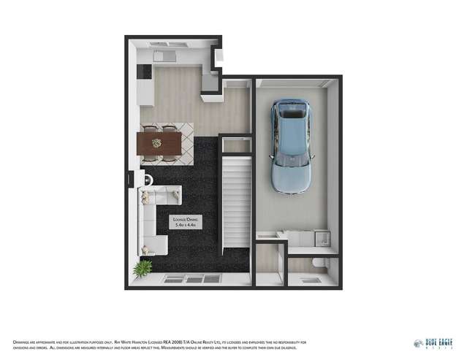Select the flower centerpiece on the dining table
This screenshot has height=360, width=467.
[155, 142]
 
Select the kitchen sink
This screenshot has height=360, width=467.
[164, 55]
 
